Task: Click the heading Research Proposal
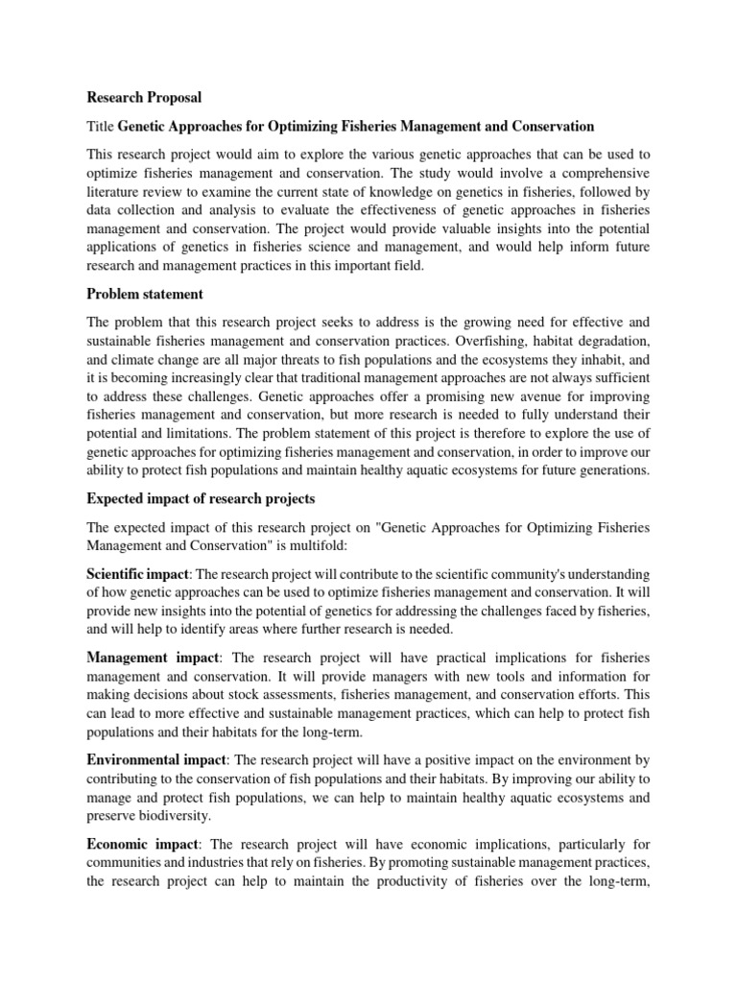[144, 98]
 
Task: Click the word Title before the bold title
[102, 127]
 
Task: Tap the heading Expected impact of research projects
[201, 499]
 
